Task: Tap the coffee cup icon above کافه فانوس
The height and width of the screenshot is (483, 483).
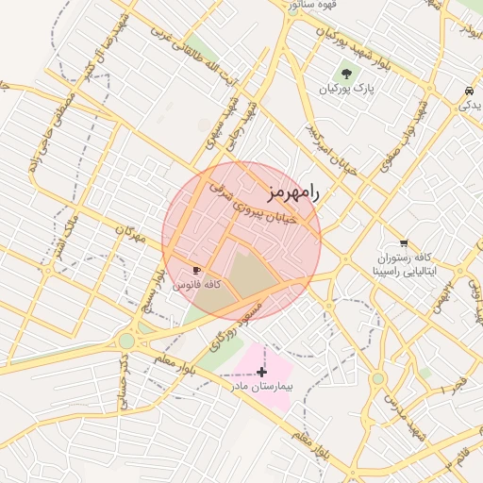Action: [x=196, y=270]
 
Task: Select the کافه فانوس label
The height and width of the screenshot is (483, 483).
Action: [x=199, y=284]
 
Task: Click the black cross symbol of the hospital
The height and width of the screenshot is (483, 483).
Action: [x=261, y=372]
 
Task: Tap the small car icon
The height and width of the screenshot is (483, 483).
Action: [x=469, y=91]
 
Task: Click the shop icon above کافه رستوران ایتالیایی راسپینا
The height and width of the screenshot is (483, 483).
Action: [x=404, y=242]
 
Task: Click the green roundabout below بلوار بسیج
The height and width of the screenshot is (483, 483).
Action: [x=126, y=341]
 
